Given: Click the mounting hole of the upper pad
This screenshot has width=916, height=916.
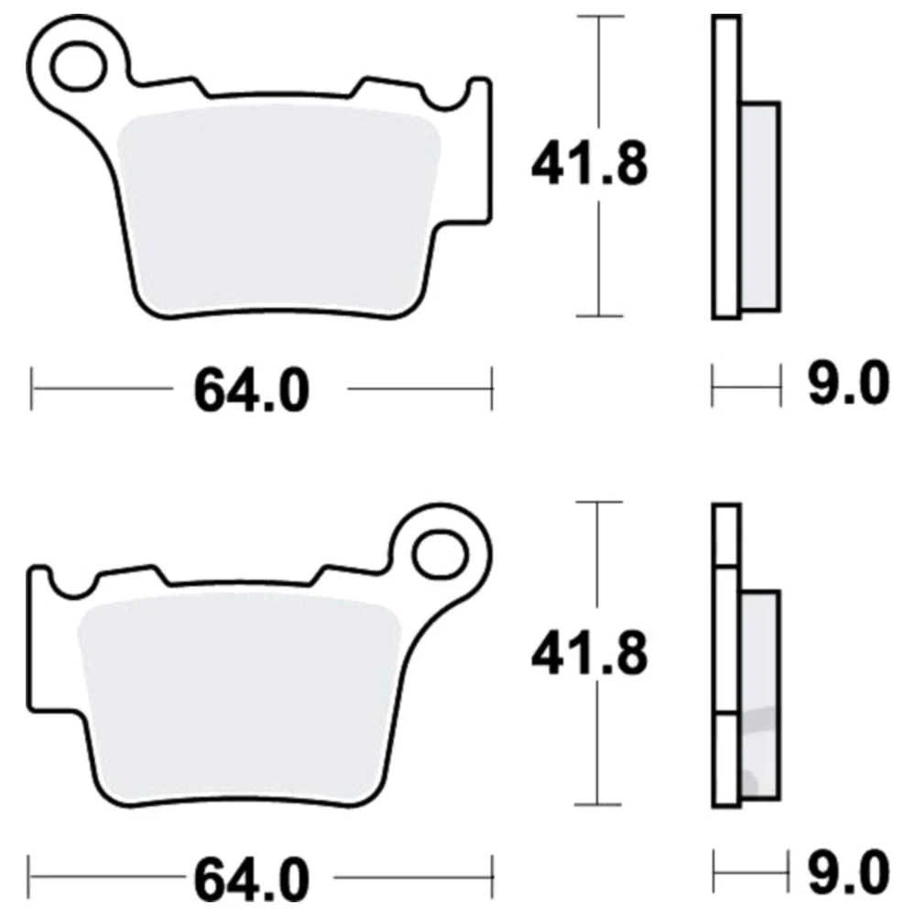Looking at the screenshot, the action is [79, 65].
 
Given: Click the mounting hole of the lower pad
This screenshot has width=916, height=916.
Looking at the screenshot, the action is [441, 554].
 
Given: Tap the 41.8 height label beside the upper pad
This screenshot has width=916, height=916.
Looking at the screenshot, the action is [589, 164].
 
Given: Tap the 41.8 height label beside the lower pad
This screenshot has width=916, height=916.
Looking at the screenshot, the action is [589, 652].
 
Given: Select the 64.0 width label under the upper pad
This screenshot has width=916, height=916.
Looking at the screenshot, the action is [251, 390].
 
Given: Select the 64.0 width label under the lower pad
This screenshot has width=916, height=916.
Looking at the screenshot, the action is [251, 878].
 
